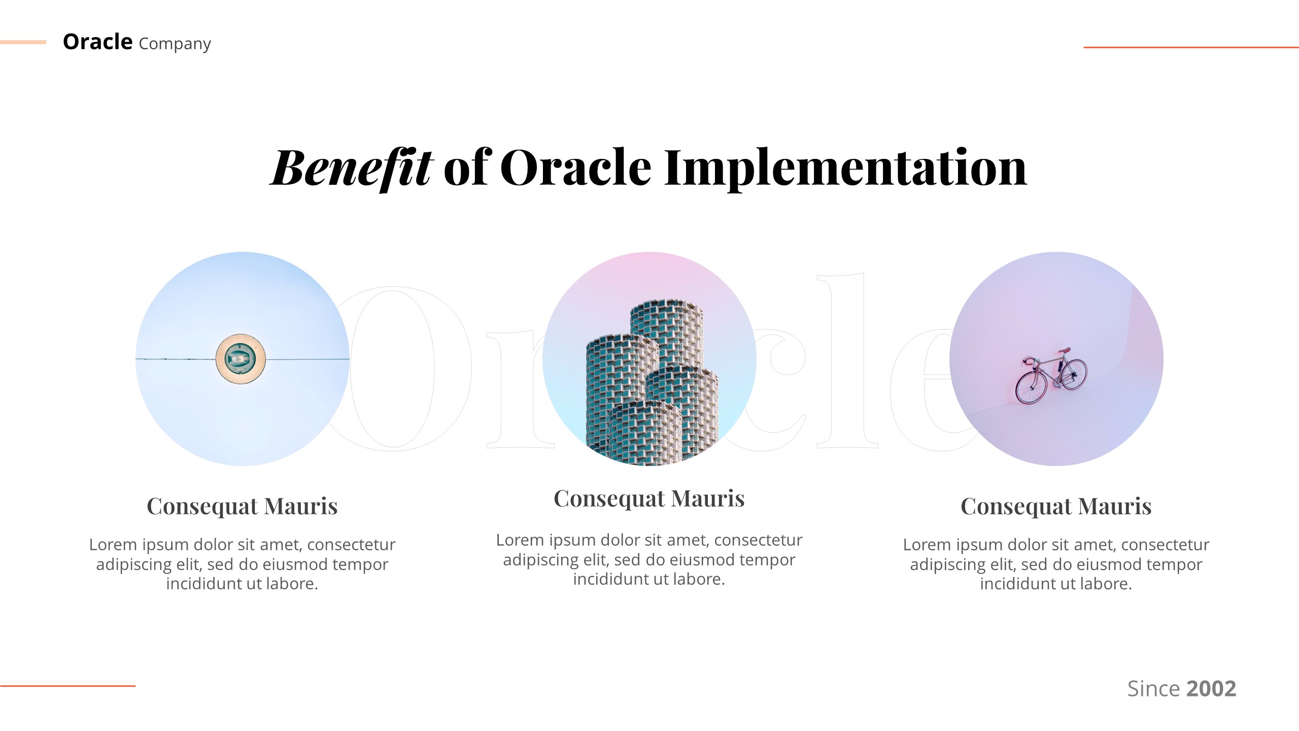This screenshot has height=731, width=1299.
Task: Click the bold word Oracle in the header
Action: click(x=97, y=42)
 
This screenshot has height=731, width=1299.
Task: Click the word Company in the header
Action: click(x=175, y=45)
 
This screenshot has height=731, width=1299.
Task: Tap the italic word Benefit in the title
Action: click(x=351, y=168)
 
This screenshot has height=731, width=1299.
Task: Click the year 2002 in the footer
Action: click(x=1211, y=689)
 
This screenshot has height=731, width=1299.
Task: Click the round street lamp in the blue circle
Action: click(x=241, y=359)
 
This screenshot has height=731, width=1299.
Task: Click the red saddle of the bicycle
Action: click(x=1065, y=351)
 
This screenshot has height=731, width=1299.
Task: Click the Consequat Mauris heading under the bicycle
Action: click(x=1056, y=506)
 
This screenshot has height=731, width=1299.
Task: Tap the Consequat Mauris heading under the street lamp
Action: click(x=242, y=506)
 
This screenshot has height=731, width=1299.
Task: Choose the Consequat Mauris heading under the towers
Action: click(x=649, y=499)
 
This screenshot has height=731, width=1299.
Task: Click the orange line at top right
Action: click(x=1190, y=47)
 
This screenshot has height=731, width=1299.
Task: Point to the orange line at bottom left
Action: click(x=67, y=686)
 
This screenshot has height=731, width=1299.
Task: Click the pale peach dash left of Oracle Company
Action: click(x=23, y=42)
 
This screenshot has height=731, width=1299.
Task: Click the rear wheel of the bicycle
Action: click(x=1074, y=375)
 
